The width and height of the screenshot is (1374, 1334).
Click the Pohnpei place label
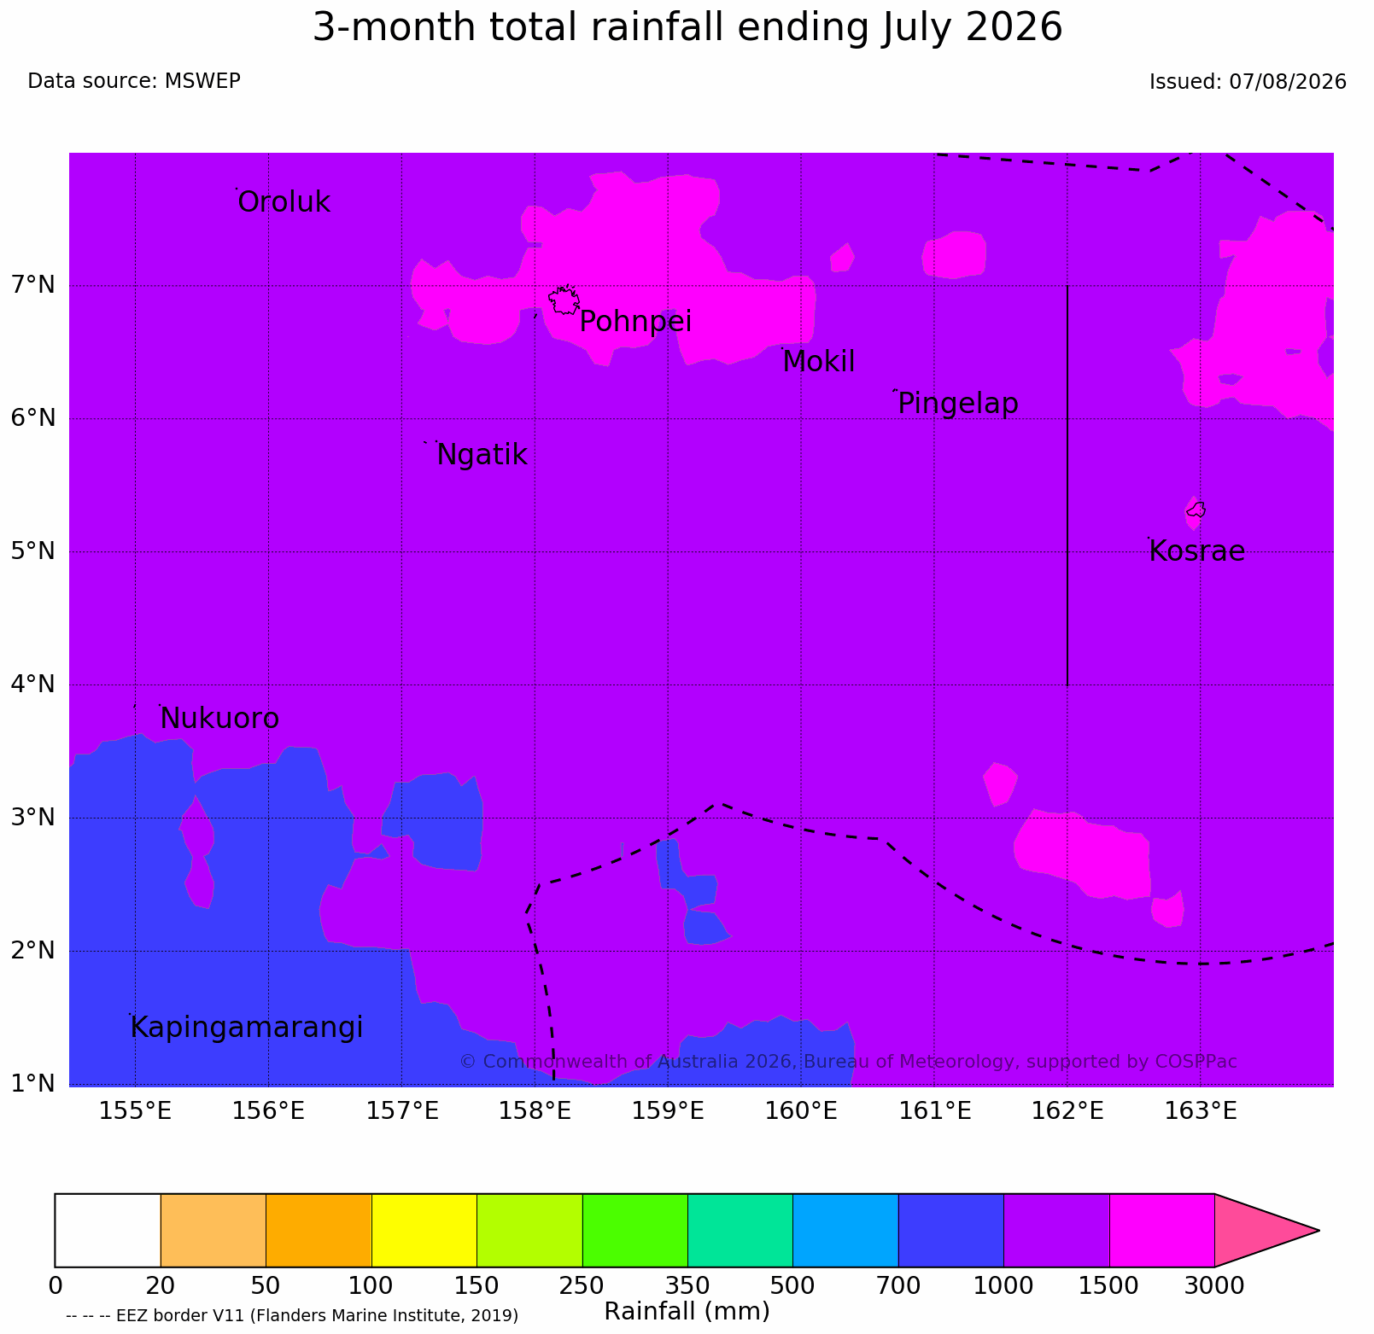pos(635,322)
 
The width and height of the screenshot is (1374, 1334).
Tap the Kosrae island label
pos(1196,551)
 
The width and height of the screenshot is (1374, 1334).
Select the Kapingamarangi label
pos(247,1028)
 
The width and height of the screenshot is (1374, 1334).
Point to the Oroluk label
pos(284,202)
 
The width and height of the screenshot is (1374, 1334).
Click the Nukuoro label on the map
pos(219,719)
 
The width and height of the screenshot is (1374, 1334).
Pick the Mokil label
pos(819,362)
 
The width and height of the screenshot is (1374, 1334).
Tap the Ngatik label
pos(482,455)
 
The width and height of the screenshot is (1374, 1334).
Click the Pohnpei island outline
pos(564,300)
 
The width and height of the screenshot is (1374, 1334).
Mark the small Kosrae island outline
pos(1196,510)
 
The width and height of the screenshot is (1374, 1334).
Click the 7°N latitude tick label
pos(33,284)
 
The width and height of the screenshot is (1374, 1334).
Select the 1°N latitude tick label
pos(33,1083)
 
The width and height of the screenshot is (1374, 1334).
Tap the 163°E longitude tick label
pos(1200,1111)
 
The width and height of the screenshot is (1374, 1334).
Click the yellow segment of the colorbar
pos(424,1230)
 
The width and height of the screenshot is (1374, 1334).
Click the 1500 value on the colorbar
pos(1108,1284)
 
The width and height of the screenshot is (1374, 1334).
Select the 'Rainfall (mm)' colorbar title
pos(687,1311)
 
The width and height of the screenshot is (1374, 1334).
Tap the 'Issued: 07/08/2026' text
pos(1248,82)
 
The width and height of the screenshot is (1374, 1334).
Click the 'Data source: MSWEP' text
pos(134,81)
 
